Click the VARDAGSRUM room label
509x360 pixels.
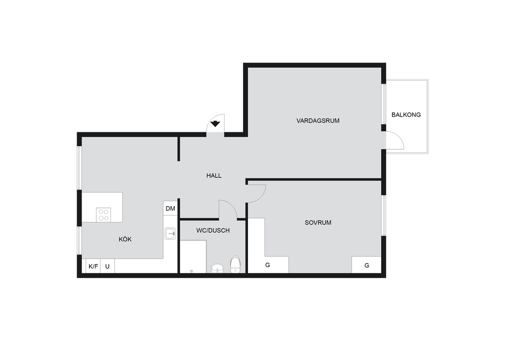[318, 121]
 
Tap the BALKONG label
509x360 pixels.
[406, 115]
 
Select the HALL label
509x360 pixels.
[214, 176]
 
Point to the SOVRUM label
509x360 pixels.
[318, 223]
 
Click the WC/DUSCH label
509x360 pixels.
[213, 231]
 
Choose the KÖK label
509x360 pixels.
[125, 239]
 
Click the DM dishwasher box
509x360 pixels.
[170, 208]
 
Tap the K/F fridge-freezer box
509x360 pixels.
[93, 266]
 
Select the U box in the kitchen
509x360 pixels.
[107, 266]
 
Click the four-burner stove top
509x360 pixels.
[103, 215]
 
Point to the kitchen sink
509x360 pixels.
[170, 234]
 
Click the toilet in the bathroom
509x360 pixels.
[235, 264]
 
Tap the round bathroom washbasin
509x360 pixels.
[217, 269]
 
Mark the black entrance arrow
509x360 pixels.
[215, 124]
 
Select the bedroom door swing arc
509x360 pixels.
[260, 197]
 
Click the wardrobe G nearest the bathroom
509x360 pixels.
[268, 265]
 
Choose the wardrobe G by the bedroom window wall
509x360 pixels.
[366, 265]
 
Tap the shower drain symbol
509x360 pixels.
[191, 270]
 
